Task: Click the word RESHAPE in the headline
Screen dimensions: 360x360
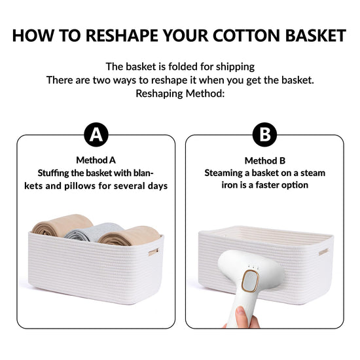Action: click(122, 35)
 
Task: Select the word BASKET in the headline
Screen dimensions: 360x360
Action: click(315, 35)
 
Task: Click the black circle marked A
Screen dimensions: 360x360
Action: click(96, 135)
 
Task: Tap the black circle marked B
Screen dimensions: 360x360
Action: click(264, 135)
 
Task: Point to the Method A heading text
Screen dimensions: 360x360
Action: click(96, 160)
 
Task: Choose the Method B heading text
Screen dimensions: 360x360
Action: click(264, 161)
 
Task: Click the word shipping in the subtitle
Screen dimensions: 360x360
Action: click(235, 67)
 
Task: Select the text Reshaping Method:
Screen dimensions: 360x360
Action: click(180, 94)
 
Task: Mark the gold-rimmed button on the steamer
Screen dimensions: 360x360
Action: click(250, 281)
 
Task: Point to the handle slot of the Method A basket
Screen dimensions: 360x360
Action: click(153, 252)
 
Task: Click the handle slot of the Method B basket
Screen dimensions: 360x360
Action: click(323, 252)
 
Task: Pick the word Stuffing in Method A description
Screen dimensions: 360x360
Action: click(53, 173)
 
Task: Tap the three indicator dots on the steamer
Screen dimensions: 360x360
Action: click(253, 267)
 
